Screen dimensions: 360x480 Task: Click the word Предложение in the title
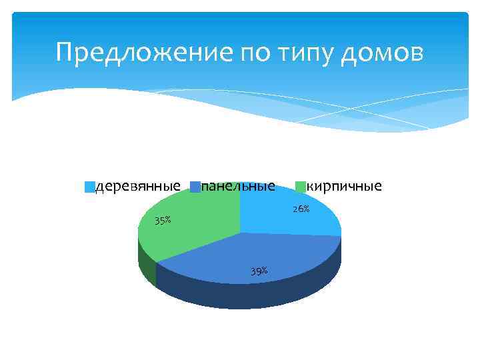coord(144,51)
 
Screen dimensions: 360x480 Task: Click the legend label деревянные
coord(138,185)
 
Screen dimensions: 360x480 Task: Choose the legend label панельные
coord(238,185)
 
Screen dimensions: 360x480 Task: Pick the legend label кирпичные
coord(344,185)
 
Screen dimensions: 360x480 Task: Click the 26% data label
coord(301,209)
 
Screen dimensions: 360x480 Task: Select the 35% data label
coord(163,221)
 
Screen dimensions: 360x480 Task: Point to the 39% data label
coord(259,271)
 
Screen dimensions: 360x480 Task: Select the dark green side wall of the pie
coord(145,263)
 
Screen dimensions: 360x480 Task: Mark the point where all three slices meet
coord(240,233)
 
